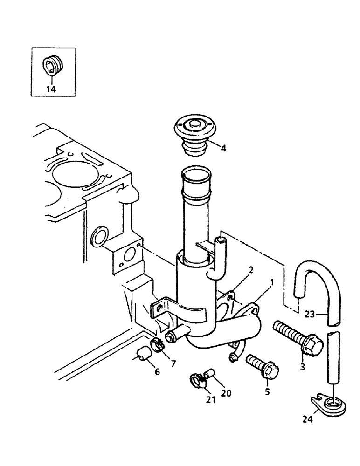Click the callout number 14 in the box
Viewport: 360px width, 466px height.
tap(51, 89)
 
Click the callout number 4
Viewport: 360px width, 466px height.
tap(224, 149)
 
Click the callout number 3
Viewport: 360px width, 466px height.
tap(303, 367)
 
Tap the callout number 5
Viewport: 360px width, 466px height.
tap(267, 392)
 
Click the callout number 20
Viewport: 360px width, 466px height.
tap(226, 393)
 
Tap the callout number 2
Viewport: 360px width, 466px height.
tap(251, 270)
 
